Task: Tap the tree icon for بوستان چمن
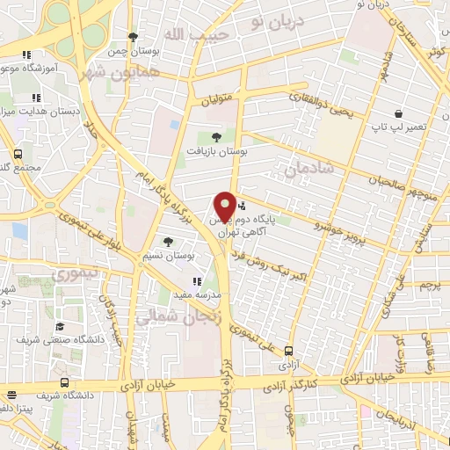133,37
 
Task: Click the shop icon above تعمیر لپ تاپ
398,113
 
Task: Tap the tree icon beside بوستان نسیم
168,241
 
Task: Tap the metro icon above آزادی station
287,349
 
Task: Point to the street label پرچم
428,286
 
